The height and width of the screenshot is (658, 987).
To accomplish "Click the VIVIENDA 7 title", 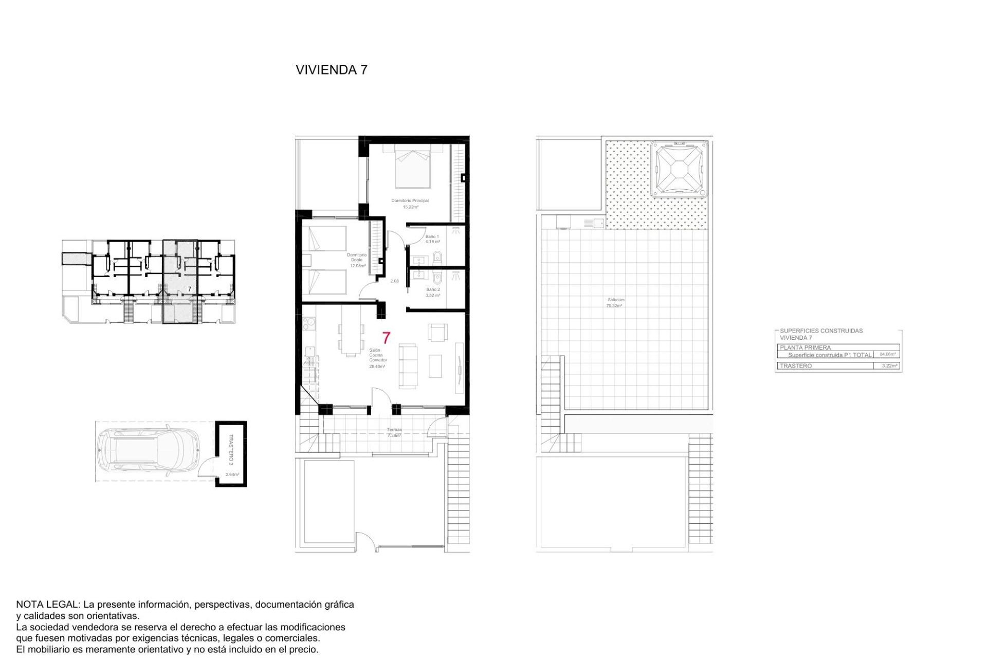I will tap(332, 70).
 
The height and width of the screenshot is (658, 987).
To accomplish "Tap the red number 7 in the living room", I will tap(386, 338).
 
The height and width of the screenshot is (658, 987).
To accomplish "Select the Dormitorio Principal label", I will tap(410, 200).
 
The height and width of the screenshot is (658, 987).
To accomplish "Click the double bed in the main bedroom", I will tap(412, 167).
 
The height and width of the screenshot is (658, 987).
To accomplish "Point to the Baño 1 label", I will tap(432, 237).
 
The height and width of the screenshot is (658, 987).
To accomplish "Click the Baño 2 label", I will tap(433, 289).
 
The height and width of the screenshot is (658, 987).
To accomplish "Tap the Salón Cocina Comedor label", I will tap(378, 355).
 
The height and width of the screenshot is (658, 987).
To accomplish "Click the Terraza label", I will tap(394, 430).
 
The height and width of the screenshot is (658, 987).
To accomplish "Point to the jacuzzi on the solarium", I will tap(679, 170).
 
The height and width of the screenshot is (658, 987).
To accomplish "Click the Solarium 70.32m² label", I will tap(615, 303).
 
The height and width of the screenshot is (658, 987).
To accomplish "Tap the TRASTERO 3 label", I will tap(231, 449).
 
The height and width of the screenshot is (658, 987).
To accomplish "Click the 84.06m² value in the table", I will tap(887, 354).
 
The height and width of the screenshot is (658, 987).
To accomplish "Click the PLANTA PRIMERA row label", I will tap(805, 348).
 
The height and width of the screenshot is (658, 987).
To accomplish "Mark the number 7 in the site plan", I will tap(189, 289).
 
